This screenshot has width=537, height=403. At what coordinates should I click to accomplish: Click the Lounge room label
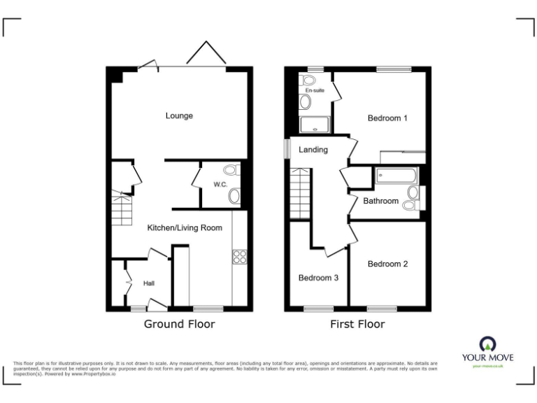(x=179, y=115)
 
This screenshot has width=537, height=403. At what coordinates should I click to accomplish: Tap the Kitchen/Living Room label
(x=185, y=227)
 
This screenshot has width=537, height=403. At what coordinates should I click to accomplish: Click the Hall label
(x=149, y=283)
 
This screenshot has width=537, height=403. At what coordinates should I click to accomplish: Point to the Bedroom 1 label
(x=387, y=118)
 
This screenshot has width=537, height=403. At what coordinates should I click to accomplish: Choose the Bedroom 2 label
(x=387, y=264)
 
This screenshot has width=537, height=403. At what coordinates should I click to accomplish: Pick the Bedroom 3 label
(x=318, y=278)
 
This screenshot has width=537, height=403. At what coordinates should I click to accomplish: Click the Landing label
(x=313, y=150)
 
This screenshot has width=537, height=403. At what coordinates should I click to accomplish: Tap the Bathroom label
(x=380, y=201)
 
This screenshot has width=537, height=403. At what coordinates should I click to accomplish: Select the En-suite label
(x=315, y=90)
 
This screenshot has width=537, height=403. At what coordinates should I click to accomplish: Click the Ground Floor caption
(x=179, y=324)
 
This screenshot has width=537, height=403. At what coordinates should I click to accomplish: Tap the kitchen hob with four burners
(x=239, y=257)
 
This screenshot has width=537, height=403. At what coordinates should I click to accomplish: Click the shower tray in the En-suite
(x=315, y=125)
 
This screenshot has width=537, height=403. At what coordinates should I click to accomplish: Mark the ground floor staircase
(x=122, y=209)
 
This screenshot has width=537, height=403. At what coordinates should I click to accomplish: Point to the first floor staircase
(x=300, y=194)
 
